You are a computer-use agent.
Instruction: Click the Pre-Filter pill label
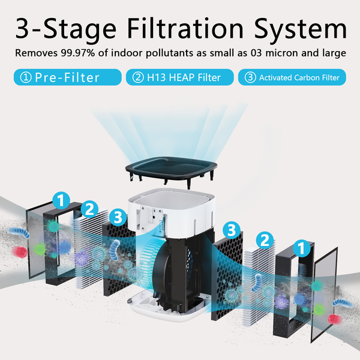65,77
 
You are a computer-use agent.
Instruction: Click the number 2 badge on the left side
89,209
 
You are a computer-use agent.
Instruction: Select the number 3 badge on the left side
118,217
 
